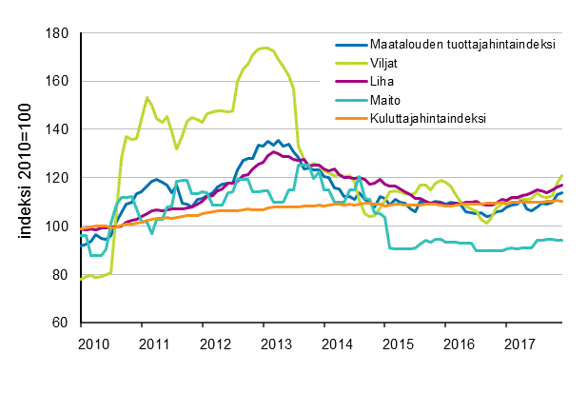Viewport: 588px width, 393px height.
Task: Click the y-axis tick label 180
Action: (62, 33)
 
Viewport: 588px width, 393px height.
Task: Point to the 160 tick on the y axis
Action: (62, 82)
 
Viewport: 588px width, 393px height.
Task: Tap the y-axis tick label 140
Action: (62, 129)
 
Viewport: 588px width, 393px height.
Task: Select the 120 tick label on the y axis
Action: (62, 178)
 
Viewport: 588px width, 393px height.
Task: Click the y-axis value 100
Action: (62, 226)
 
